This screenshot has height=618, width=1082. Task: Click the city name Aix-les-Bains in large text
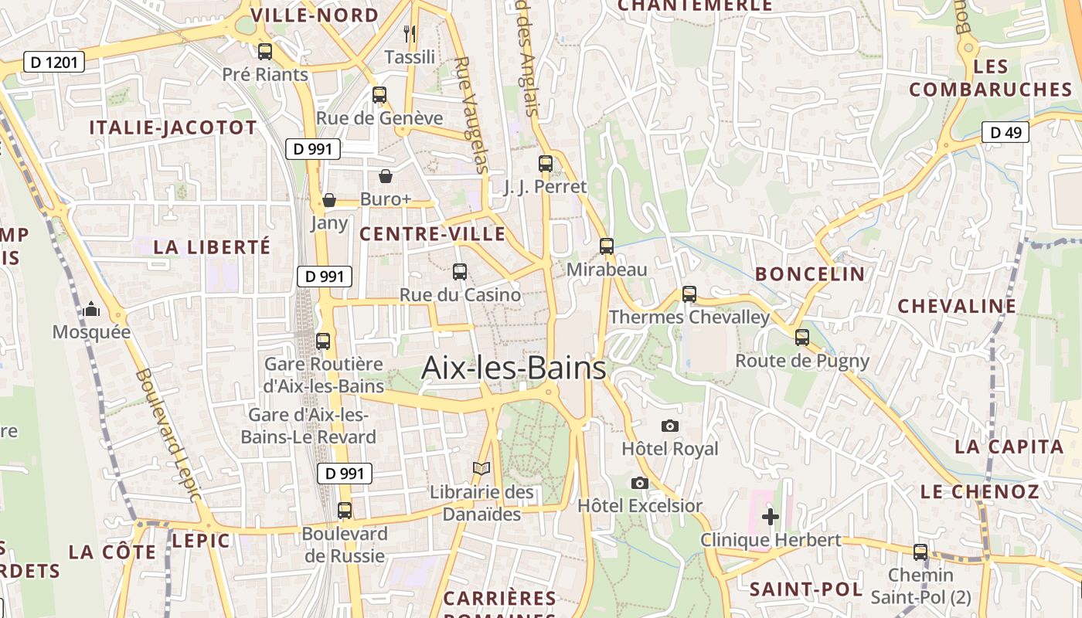pyautogui.click(x=513, y=368)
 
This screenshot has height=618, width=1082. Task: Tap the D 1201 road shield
pyautogui.click(x=53, y=62)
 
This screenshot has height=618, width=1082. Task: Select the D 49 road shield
pyautogui.click(x=1005, y=132)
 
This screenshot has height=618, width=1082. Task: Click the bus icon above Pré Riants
pyautogui.click(x=265, y=52)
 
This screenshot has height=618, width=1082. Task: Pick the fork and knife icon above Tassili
pyautogui.click(x=410, y=33)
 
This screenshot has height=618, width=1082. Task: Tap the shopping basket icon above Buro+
pyautogui.click(x=386, y=176)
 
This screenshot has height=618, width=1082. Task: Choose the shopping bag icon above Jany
pyautogui.click(x=329, y=200)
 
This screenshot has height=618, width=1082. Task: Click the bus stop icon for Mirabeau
pyautogui.click(x=607, y=246)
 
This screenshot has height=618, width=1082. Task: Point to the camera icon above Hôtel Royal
pyautogui.click(x=670, y=426)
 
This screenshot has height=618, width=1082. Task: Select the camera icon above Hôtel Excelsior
pyautogui.click(x=640, y=483)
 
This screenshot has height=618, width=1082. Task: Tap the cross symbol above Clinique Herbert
pyautogui.click(x=770, y=517)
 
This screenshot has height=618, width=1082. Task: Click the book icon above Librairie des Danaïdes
pyautogui.click(x=481, y=469)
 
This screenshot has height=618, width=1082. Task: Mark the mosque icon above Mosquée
pyautogui.click(x=92, y=310)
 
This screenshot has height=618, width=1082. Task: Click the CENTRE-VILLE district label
pyautogui.click(x=433, y=234)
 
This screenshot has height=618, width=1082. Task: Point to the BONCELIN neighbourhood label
pyautogui.click(x=810, y=273)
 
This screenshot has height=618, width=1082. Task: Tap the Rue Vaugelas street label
pyautogui.click(x=471, y=114)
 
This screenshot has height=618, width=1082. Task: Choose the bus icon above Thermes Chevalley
pyautogui.click(x=689, y=294)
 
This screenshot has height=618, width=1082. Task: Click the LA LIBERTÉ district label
pyautogui.click(x=212, y=247)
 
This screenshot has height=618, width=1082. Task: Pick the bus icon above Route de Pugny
pyautogui.click(x=802, y=338)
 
